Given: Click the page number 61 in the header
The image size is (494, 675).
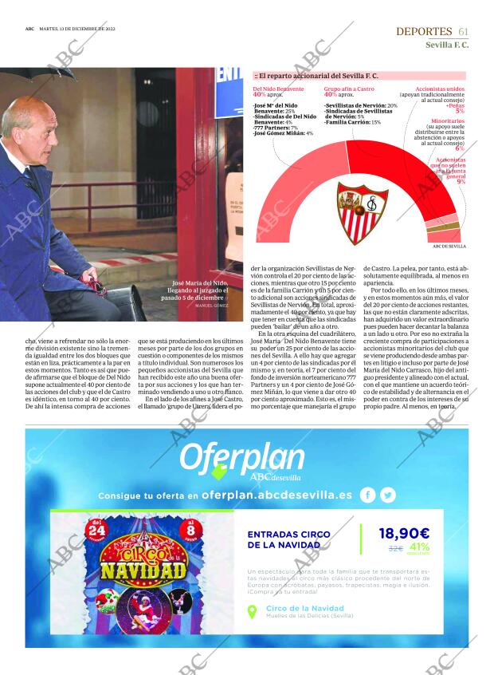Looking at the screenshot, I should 463,31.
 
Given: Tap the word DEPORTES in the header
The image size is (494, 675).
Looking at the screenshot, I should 424,31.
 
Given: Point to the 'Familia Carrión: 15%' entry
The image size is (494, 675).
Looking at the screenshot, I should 352,122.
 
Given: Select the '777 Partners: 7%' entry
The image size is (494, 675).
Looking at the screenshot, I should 276,128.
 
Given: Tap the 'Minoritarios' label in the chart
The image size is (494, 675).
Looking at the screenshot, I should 445,120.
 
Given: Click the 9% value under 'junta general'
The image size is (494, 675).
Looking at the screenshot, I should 461,182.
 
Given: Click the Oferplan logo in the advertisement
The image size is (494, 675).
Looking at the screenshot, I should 241,460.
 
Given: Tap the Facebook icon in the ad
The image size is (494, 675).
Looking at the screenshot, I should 367,495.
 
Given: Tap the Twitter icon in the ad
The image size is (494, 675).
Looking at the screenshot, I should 388,495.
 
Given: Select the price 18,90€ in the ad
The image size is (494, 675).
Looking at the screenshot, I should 404,534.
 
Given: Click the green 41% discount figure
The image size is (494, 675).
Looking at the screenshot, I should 419,547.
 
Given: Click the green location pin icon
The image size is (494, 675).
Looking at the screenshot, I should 253,612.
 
